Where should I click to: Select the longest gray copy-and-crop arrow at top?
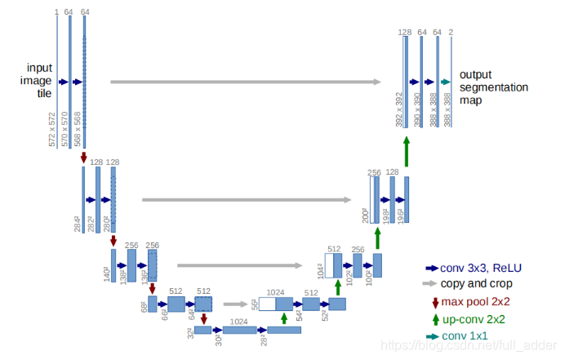click(x=245, y=82)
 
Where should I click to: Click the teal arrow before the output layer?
click(x=446, y=82)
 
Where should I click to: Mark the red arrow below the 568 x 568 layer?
click(x=83, y=157)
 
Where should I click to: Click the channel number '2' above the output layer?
click(x=452, y=32)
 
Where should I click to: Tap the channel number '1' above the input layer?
click(x=56, y=12)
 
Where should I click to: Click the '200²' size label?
click(x=365, y=214)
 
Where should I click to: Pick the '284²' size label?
click(x=78, y=223)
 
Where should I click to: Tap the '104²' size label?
click(x=320, y=270)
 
